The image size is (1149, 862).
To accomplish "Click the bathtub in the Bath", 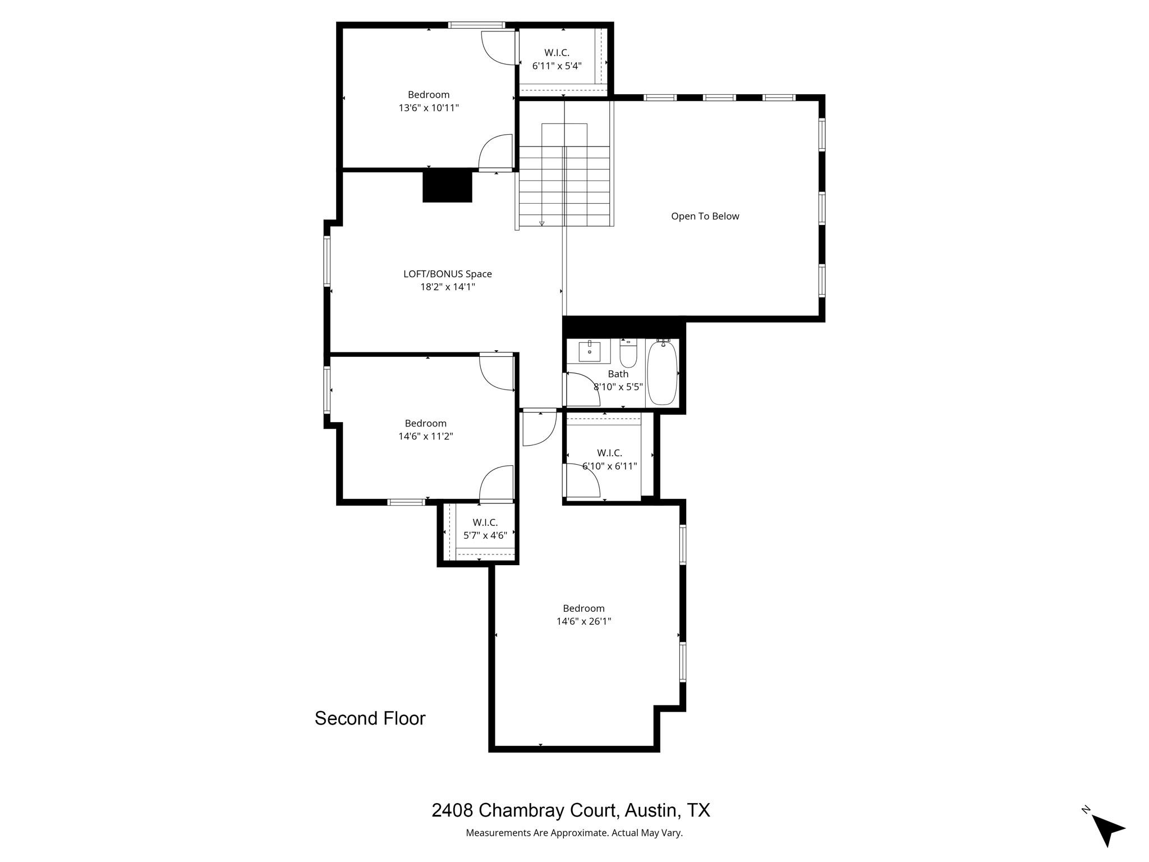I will (662, 373).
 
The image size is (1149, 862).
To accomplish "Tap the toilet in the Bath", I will (628, 354).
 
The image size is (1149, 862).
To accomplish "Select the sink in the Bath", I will (589, 351).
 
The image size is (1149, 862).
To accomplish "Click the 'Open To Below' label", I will (705, 216).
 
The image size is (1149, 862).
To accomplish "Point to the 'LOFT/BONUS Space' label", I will (447, 274).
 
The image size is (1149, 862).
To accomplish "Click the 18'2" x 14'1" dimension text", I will (447, 287).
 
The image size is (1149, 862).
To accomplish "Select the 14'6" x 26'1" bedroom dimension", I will (583, 621).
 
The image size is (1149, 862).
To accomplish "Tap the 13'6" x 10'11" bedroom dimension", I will (429, 108).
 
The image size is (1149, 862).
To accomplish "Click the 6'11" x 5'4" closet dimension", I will (557, 66).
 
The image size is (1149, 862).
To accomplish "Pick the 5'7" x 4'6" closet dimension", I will (485, 535).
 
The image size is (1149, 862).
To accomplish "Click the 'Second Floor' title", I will (370, 718).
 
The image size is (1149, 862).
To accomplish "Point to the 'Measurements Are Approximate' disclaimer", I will (574, 833).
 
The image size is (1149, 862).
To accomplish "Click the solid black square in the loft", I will (447, 186).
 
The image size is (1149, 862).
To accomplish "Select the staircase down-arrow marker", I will (541, 223).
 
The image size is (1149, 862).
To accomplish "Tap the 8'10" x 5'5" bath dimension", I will (618, 386).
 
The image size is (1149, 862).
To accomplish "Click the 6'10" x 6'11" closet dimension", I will (609, 466).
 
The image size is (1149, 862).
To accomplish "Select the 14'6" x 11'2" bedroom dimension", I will (425, 436).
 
